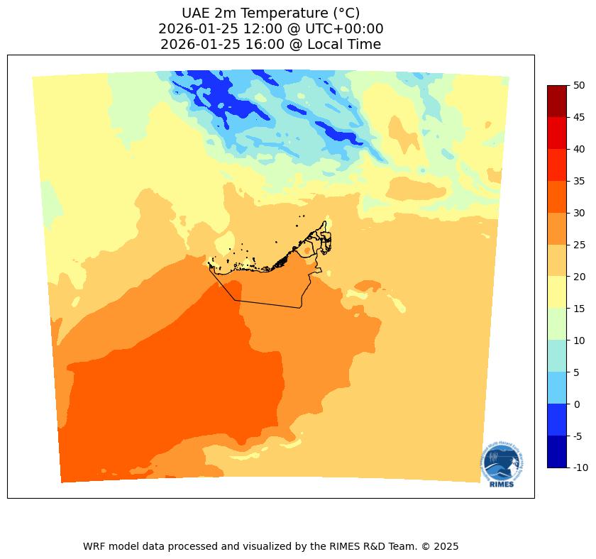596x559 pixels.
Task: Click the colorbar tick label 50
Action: pyautogui.click(x=579, y=85)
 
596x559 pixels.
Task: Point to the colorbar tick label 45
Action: pyautogui.click(x=579, y=117)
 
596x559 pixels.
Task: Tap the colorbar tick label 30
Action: pyautogui.click(x=579, y=213)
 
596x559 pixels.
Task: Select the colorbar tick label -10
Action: pyautogui.click(x=580, y=468)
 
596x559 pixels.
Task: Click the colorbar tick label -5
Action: pyautogui.click(x=579, y=436)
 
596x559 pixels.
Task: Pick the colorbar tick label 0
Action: pyautogui.click(x=577, y=404)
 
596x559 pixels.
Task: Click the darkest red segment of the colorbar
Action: pyautogui.click(x=557, y=101)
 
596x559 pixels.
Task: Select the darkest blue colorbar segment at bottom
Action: pyautogui.click(x=557, y=452)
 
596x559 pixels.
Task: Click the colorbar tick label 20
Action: pyautogui.click(x=579, y=277)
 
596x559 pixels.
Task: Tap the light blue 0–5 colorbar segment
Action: pyautogui.click(x=557, y=388)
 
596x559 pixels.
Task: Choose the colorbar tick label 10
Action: pyautogui.click(x=579, y=341)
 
